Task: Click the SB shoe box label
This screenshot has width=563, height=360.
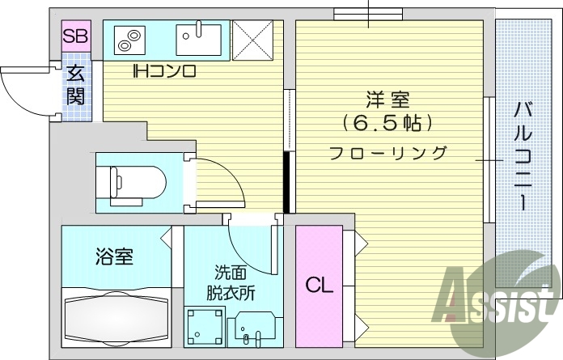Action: point(77,36)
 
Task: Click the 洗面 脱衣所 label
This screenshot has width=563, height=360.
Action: point(235,282)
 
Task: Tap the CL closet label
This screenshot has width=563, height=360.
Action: point(319,286)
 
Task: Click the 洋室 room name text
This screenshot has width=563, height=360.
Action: point(388,102)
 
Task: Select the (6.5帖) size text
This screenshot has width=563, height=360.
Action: point(388,124)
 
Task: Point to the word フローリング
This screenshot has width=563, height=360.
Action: point(388,151)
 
